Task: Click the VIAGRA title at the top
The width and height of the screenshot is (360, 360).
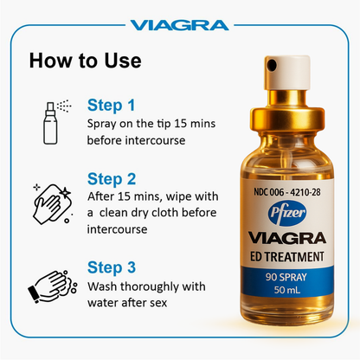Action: coord(179,24)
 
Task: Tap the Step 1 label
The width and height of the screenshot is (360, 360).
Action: coord(111,106)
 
